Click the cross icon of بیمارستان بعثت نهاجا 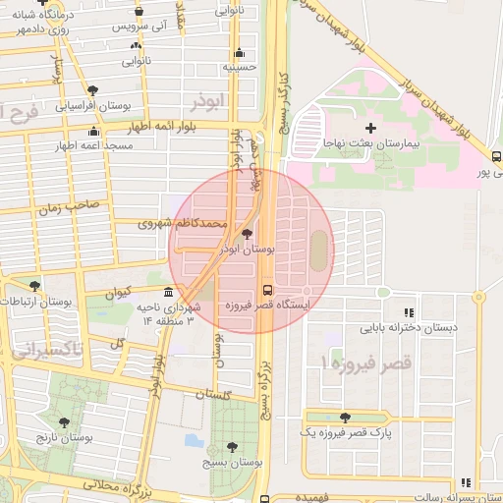[x=370, y=128]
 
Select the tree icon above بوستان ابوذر [x=246, y=234]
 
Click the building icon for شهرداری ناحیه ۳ [x=169, y=293]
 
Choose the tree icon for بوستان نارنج [x=64, y=422]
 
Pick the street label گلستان [x=213, y=393]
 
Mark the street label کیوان [x=115, y=292]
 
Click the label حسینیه [x=242, y=67]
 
